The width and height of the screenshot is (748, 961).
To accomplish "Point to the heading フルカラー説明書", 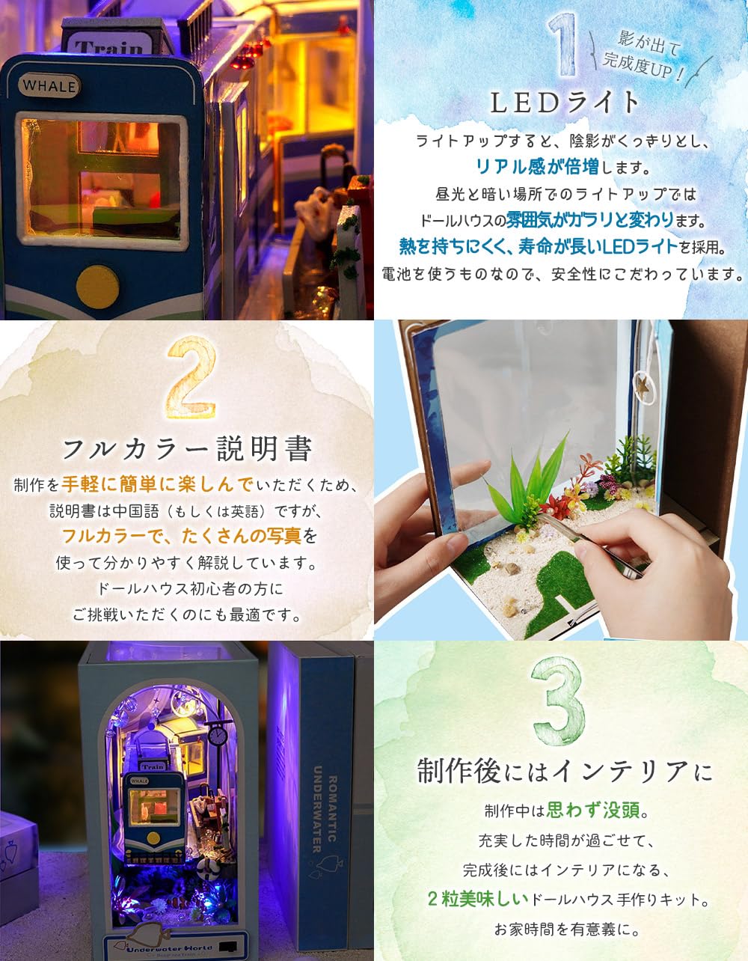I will click(x=186, y=449).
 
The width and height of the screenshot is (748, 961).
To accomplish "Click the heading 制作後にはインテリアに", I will click(x=565, y=771).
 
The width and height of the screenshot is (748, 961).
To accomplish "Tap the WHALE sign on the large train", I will click(x=49, y=85).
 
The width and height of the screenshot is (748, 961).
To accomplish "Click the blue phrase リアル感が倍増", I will click(x=537, y=165).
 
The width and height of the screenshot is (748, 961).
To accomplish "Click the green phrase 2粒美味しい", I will click(x=478, y=900).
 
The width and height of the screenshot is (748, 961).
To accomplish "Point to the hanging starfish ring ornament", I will click(x=642, y=388).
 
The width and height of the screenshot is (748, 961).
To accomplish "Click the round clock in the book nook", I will click(x=218, y=736).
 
